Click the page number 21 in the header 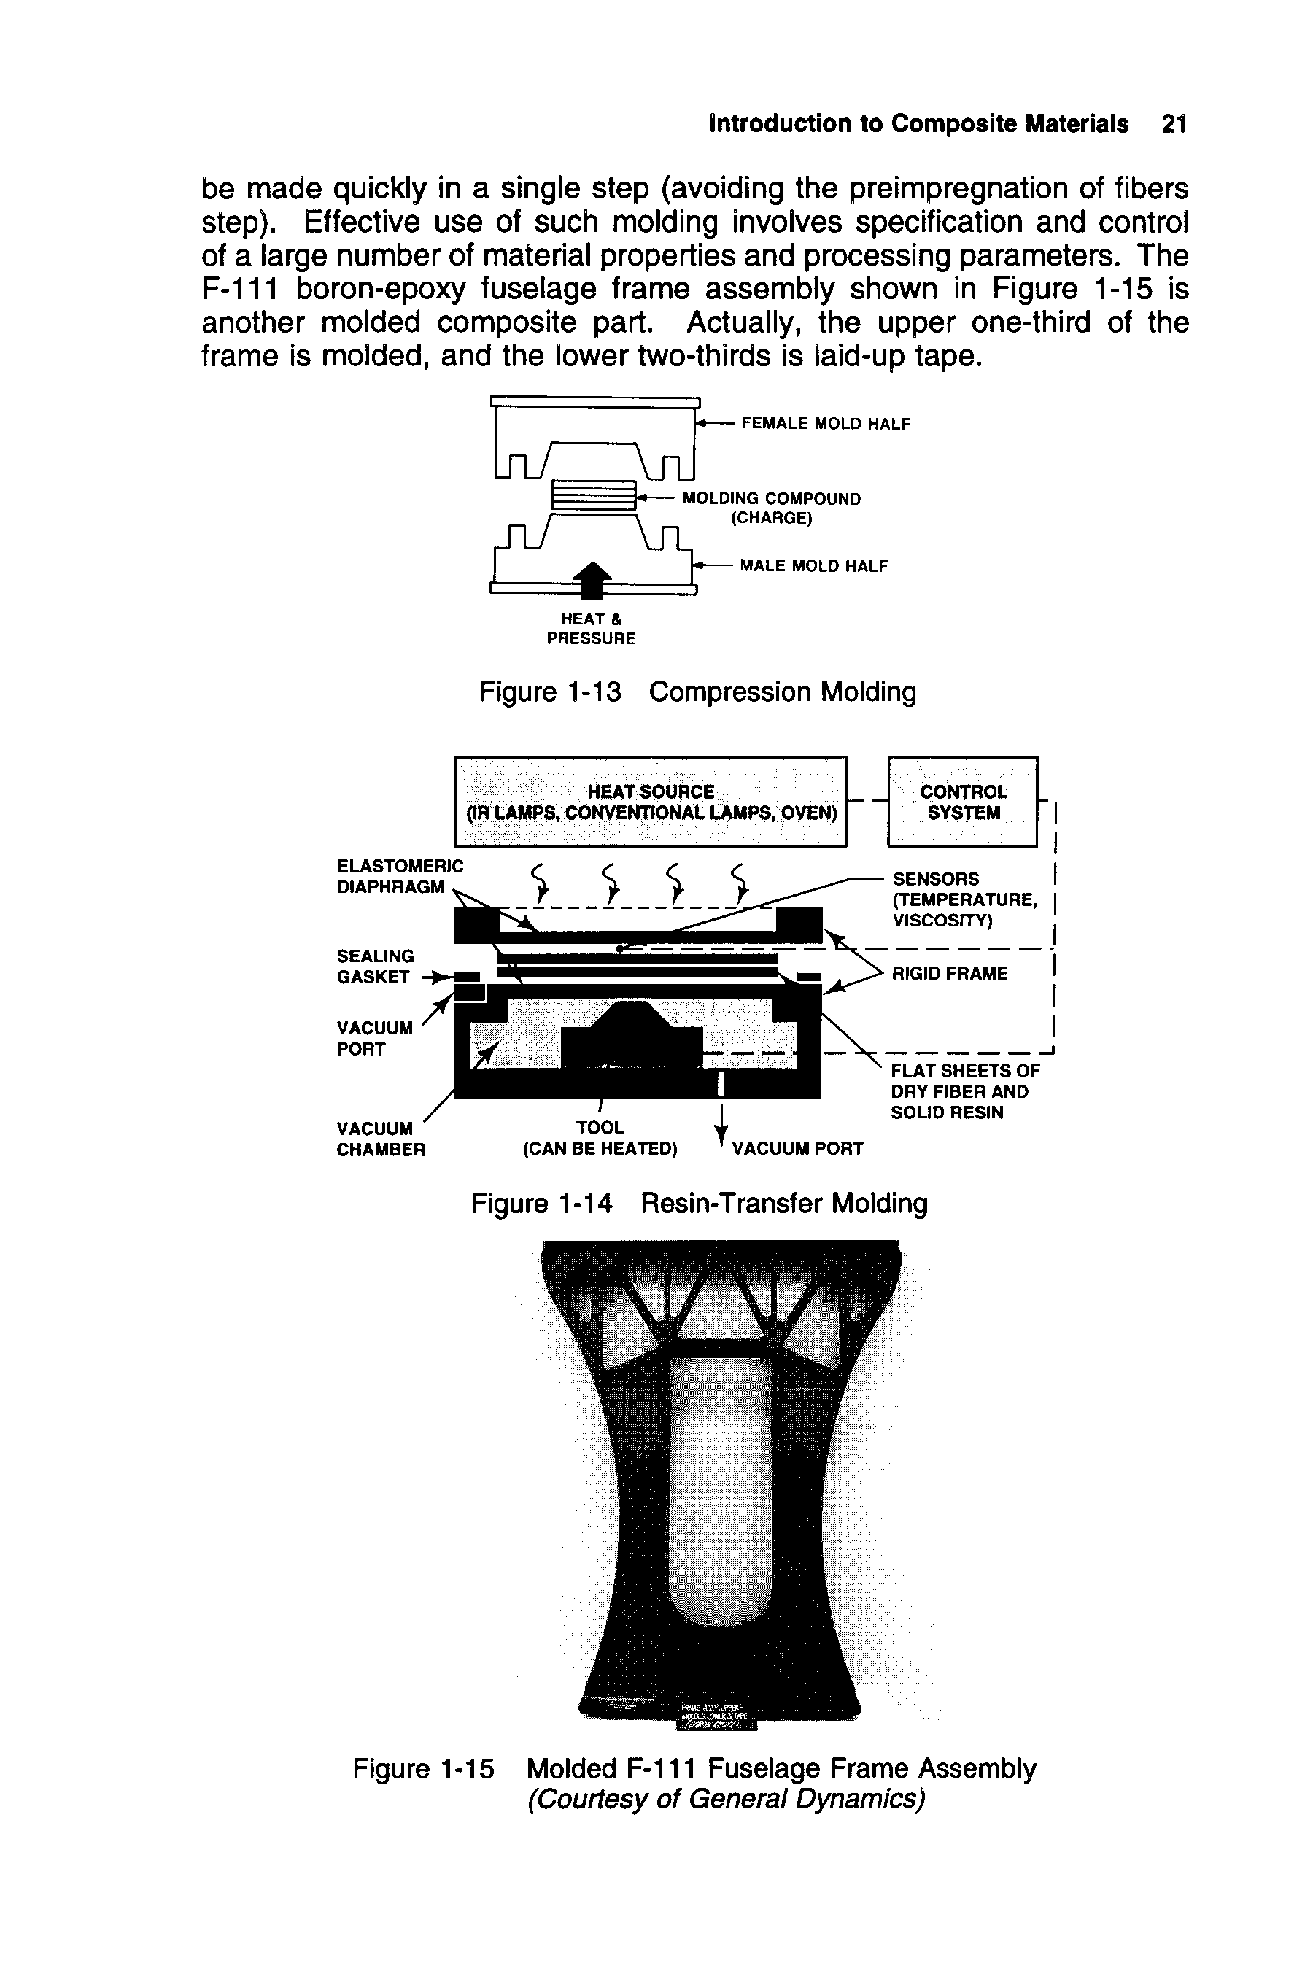click(1174, 124)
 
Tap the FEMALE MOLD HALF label click(825, 424)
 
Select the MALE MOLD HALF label click(813, 566)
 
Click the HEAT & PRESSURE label click(590, 629)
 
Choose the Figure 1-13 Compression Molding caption click(697, 692)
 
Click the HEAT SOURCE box click(651, 802)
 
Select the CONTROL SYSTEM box click(962, 802)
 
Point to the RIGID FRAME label click(949, 973)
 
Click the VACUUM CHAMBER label click(380, 1139)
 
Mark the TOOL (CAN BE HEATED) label click(600, 1139)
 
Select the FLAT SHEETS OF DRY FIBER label click(964, 1092)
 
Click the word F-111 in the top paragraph click(242, 290)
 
